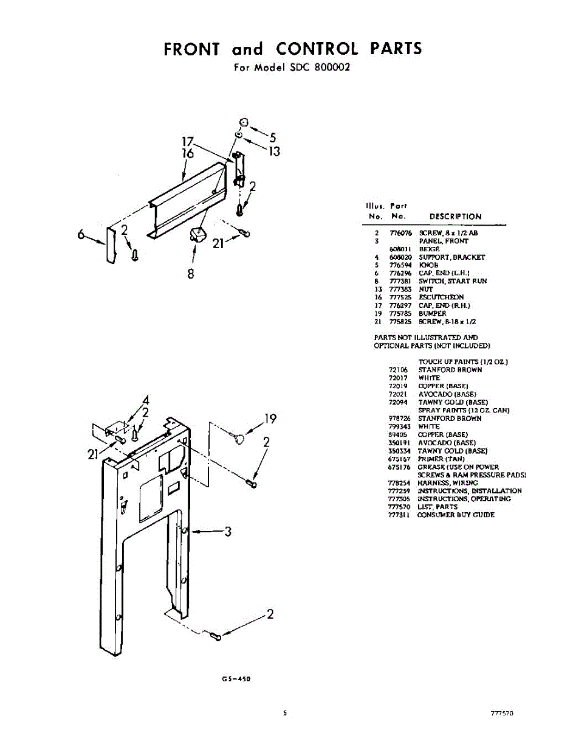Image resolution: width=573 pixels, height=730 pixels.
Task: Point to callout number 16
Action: click(x=188, y=154)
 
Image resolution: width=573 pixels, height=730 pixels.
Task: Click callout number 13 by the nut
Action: click(x=274, y=151)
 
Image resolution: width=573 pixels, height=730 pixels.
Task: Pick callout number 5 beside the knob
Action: click(x=273, y=138)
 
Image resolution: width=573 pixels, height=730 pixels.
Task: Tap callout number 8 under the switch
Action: click(x=191, y=274)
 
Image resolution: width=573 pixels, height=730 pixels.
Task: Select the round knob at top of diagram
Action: click(x=241, y=121)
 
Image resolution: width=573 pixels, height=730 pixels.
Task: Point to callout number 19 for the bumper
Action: click(x=270, y=419)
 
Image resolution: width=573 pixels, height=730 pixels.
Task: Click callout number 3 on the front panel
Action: click(x=228, y=532)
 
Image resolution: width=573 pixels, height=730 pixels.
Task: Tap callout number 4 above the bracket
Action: click(x=146, y=401)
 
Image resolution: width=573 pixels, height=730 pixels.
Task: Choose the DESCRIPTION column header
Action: click(x=455, y=216)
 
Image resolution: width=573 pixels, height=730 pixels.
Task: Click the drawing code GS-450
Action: click(x=238, y=680)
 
